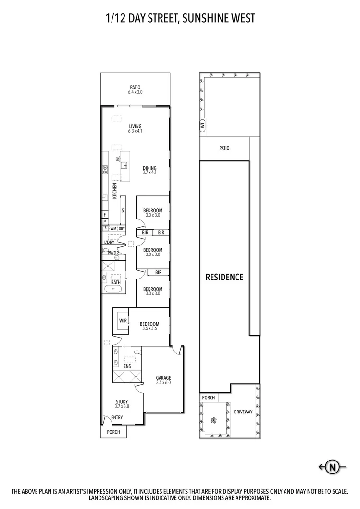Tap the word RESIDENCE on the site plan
(x=224, y=277)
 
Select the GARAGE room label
(x=163, y=378)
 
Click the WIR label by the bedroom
(x=122, y=321)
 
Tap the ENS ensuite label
(x=127, y=367)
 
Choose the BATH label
(x=116, y=283)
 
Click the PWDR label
(x=113, y=253)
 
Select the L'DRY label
(x=109, y=242)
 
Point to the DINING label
(x=149, y=168)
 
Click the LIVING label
(x=135, y=126)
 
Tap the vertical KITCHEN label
(x=114, y=191)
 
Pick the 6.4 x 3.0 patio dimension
(x=135, y=92)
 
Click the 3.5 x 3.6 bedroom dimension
(x=149, y=329)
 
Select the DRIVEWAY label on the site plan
(x=243, y=412)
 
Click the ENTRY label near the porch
(x=117, y=417)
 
